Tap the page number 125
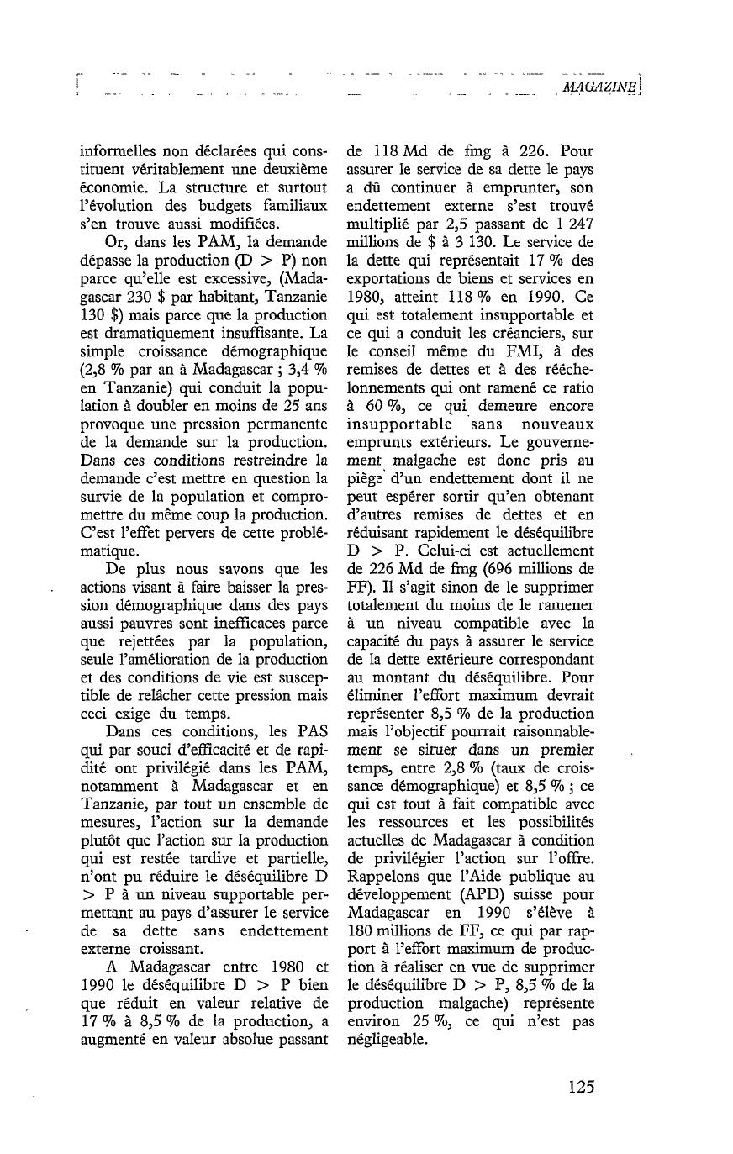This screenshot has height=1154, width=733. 580,1086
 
